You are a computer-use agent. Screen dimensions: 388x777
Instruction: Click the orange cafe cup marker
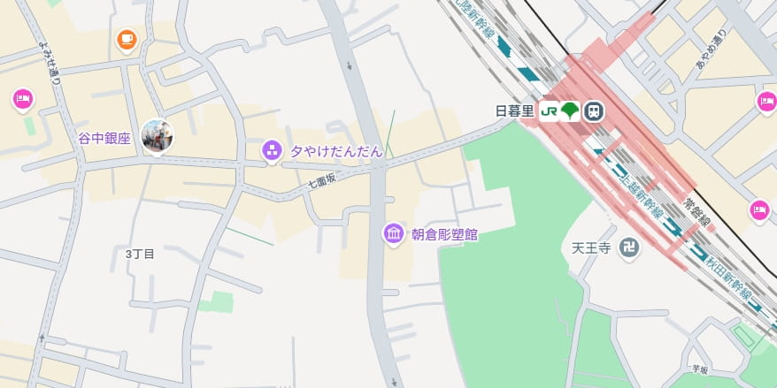[127, 39]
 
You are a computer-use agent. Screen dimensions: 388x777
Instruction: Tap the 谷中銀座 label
[104, 138]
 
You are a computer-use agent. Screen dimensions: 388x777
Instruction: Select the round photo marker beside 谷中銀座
[158, 135]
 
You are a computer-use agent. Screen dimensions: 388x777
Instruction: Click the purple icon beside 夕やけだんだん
[272, 150]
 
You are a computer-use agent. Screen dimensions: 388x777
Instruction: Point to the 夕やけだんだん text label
[336, 151]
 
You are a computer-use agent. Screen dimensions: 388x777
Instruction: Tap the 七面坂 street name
[322, 180]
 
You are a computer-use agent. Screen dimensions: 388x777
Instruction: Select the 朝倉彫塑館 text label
[444, 234]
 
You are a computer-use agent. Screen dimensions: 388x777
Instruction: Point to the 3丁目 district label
[140, 254]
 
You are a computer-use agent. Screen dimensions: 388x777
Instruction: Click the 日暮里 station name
[514, 111]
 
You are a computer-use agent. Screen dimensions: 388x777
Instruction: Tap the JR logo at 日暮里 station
[549, 111]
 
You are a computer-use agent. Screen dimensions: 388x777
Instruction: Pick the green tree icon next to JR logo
[571, 111]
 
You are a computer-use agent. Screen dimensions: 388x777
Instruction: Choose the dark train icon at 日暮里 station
[594, 111]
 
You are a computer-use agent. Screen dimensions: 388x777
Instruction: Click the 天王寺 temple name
[591, 247]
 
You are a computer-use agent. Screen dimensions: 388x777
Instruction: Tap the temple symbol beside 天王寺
[628, 247]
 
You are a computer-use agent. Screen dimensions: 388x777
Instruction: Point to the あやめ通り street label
[711, 52]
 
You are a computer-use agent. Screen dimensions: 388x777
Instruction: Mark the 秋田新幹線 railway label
[727, 278]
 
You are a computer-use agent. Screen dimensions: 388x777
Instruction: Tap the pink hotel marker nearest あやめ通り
[766, 103]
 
